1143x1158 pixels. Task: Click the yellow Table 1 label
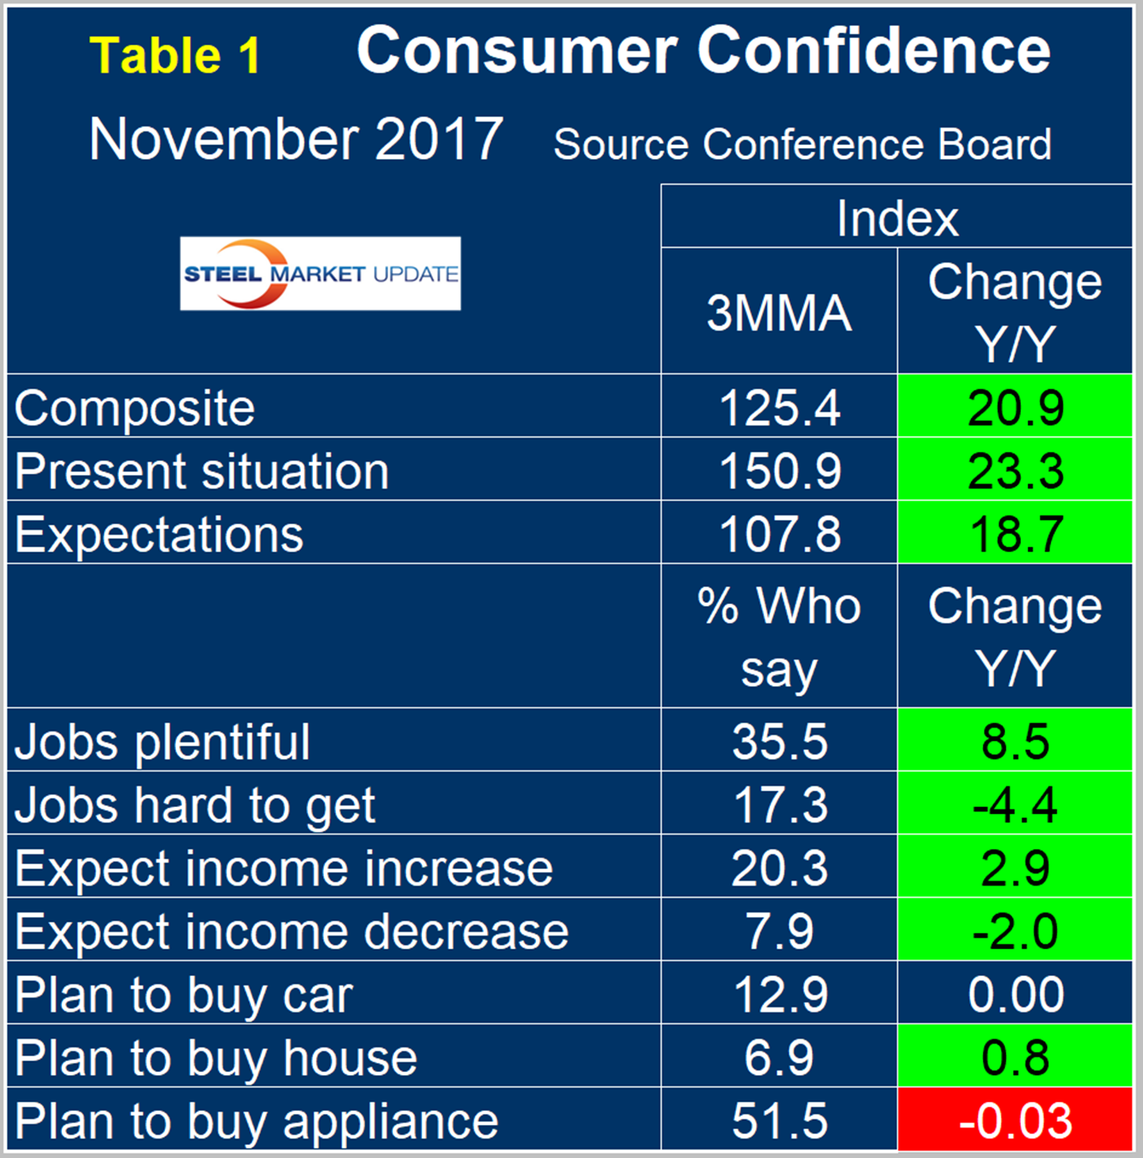[175, 56]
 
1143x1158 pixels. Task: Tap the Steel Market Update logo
[320, 274]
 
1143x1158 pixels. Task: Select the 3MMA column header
[779, 313]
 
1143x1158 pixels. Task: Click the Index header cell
[897, 217]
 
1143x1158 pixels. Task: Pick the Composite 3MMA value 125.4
[779, 408]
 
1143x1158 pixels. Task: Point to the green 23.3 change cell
[1015, 471]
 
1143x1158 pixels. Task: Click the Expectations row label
[159, 534]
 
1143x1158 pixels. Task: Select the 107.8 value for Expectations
[779, 534]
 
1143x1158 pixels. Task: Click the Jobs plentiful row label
[162, 741]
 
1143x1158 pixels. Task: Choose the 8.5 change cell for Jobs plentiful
[1015, 741]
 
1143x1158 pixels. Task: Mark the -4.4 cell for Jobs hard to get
[1015, 804]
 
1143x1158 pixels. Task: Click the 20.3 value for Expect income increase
[779, 868]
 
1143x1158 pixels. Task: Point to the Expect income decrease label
[292, 931]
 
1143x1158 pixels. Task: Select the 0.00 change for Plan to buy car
[1015, 994]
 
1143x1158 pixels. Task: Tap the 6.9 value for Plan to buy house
[779, 1058]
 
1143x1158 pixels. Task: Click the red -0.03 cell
[1015, 1120]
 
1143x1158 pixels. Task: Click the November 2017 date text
[296, 139]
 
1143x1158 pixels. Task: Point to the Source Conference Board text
[802, 144]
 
